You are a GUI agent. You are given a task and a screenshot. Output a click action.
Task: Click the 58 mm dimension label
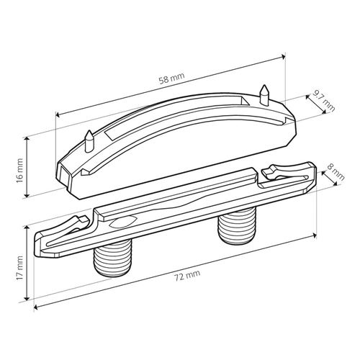point(172,78)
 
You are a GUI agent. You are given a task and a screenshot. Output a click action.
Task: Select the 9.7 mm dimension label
point(323,102)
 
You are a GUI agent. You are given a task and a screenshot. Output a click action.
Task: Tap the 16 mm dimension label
point(19,171)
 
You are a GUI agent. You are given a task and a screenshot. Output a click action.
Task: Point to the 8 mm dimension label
point(336,173)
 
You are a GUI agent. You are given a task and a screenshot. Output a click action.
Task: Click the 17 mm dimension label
point(19,268)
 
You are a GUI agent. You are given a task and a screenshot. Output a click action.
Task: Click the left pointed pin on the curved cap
point(89,142)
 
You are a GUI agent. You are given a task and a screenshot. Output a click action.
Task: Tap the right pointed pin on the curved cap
point(264,96)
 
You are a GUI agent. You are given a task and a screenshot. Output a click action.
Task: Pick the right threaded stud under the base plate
point(236,225)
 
